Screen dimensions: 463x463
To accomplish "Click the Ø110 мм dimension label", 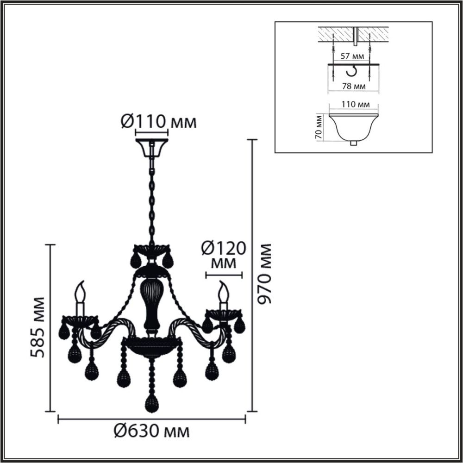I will (158, 122).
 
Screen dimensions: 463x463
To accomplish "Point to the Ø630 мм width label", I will (151, 432).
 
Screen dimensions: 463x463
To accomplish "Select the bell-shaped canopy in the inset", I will (353, 127).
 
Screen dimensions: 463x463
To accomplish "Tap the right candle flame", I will (224, 291).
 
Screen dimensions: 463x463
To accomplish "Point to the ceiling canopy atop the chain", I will (151, 147).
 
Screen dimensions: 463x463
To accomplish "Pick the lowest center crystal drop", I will (150, 404).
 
